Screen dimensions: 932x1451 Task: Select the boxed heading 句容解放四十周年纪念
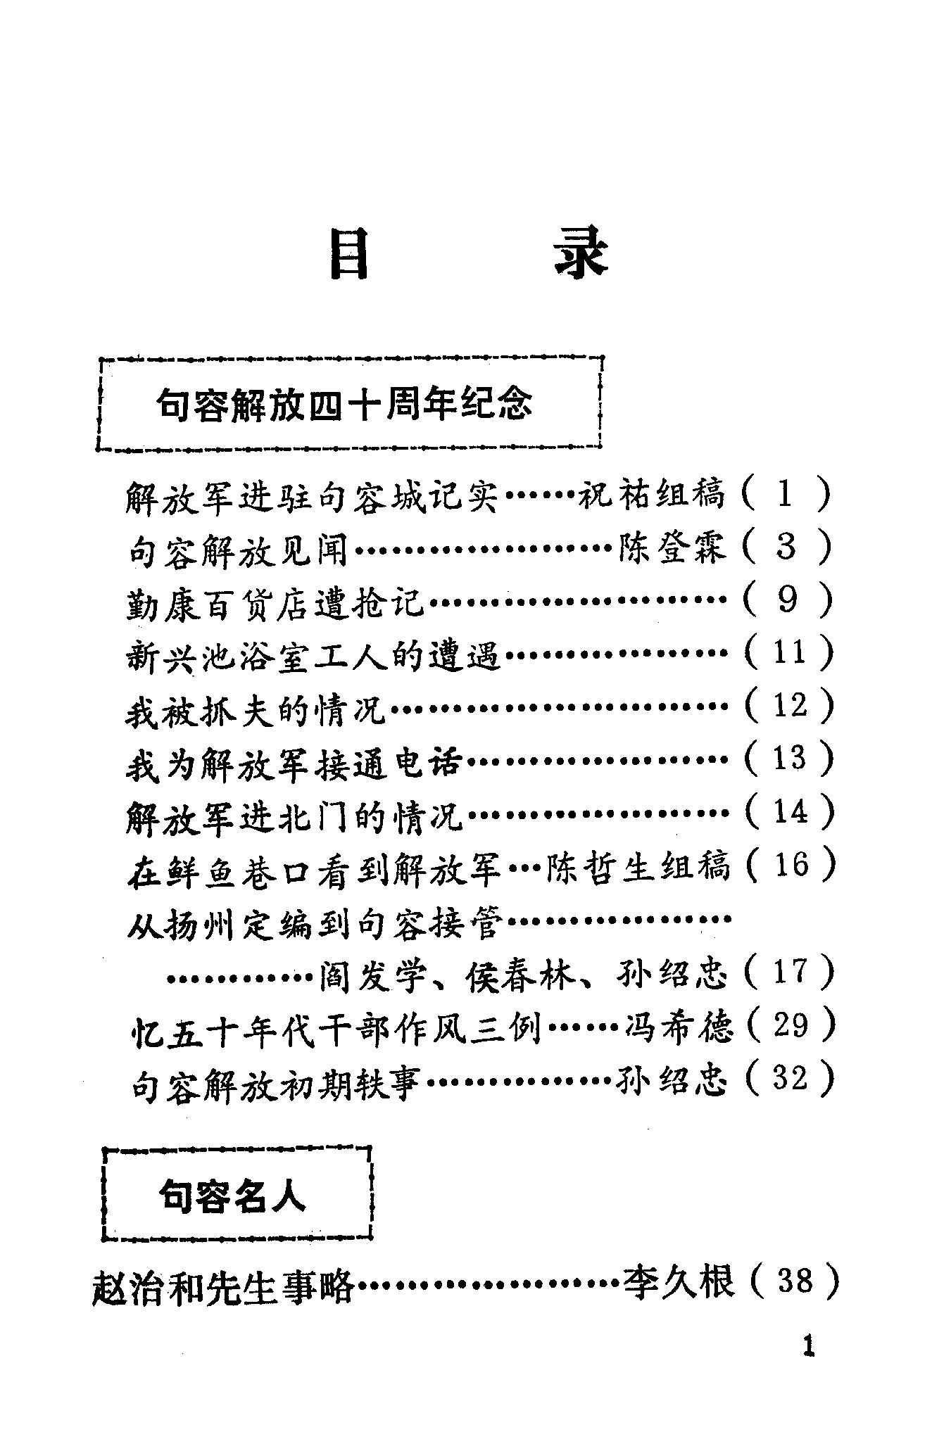point(344,405)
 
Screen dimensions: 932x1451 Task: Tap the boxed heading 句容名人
point(232,1196)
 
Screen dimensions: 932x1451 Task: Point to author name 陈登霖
point(672,547)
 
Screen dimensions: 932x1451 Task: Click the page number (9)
point(787,600)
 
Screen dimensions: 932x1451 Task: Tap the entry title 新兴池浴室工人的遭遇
point(313,654)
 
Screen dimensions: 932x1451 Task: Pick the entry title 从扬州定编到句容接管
point(314,920)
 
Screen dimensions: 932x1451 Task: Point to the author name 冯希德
point(679,1027)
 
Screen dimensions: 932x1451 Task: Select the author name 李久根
point(679,1279)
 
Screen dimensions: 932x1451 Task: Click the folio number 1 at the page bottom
point(808,1347)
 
